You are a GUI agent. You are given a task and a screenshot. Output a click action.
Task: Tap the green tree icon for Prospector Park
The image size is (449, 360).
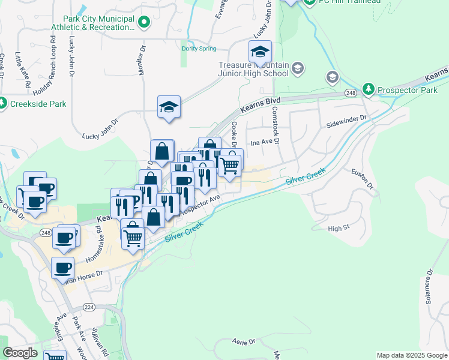[368, 90]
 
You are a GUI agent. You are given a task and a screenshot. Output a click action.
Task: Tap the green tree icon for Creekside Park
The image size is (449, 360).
[3, 103]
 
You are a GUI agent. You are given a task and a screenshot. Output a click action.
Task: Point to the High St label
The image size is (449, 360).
[339, 229]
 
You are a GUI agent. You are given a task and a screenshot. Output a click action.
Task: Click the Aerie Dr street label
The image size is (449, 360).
[244, 341]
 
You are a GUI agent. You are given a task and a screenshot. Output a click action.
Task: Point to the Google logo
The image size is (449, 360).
[20, 353]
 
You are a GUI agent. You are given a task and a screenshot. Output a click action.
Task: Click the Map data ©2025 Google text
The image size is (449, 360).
[411, 355]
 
